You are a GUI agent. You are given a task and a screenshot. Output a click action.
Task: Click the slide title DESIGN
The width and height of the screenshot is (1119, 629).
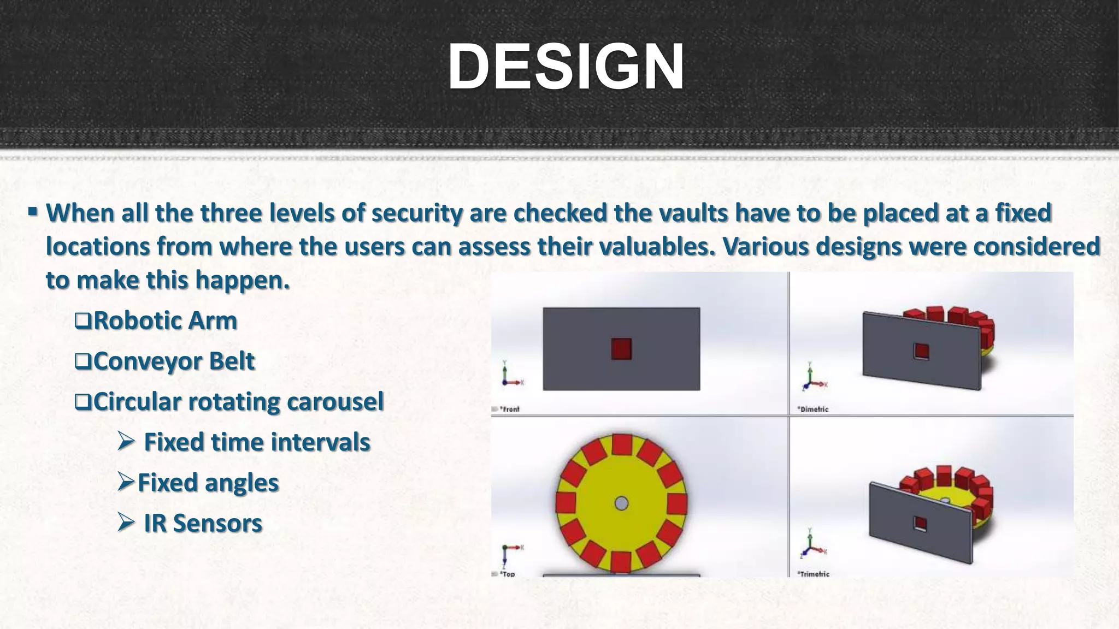pos(566,67)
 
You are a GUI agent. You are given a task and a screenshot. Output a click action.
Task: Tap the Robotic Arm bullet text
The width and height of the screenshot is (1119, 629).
pos(165,321)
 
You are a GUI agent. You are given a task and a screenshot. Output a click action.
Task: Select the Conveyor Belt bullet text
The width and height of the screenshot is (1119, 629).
pos(174,361)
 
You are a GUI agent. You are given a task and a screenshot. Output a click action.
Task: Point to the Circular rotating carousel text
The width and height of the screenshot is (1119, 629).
pos(238,401)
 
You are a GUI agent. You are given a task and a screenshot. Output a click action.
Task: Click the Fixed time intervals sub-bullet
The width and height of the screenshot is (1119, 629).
pos(257,442)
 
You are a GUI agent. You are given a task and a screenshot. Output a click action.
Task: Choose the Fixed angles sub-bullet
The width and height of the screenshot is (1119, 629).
pos(208,483)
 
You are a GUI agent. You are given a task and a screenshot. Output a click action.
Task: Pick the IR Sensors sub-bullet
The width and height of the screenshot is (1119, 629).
pos(203,523)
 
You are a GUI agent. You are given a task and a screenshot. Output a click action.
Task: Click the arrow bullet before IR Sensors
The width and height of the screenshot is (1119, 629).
pos(126,523)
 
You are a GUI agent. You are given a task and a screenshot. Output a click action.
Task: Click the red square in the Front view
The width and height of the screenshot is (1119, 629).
pos(621,349)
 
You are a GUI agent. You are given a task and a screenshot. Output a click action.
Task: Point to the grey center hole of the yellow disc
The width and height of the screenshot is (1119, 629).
pos(621,503)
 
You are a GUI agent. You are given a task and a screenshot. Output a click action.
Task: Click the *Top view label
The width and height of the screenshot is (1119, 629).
pos(507,574)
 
